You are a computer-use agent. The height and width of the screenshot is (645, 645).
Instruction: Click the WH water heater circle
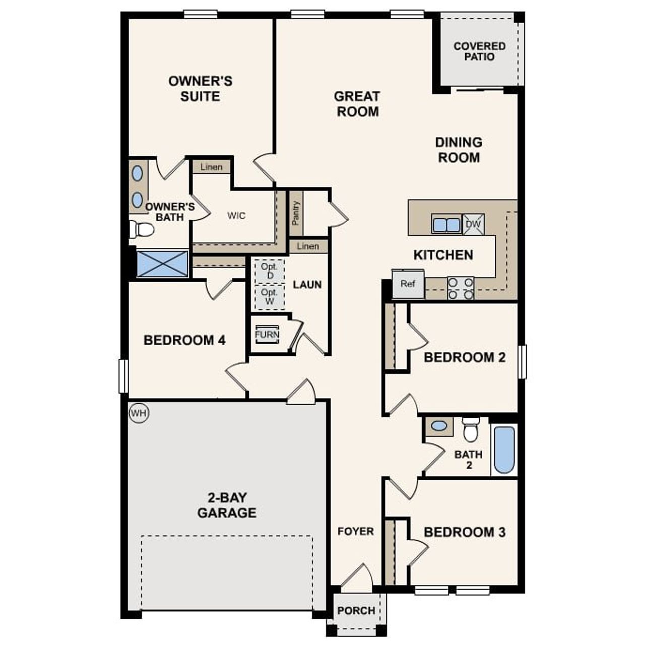pos(139,414)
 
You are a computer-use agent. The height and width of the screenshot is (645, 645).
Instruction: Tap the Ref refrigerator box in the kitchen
pos(408,284)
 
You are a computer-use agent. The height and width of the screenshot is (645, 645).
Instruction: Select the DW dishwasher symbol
pos(473,224)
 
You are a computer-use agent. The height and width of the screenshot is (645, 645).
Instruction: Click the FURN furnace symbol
pos(267,334)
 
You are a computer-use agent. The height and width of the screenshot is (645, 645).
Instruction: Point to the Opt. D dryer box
pos(270,271)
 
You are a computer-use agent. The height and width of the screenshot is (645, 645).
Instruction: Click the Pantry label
pos(296,213)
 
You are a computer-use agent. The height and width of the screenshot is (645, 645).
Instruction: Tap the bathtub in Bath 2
pos(504,449)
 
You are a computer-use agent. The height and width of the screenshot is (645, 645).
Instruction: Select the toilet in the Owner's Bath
pos(143,230)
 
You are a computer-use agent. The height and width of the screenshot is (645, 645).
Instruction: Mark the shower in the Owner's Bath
pos(162,264)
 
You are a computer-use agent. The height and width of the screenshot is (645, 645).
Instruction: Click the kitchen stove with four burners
pos(461,288)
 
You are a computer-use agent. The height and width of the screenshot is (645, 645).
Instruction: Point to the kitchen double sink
pos(446,224)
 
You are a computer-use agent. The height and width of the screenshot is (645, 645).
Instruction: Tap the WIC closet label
pos(236,216)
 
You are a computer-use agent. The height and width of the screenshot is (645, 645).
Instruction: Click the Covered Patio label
pos(479,51)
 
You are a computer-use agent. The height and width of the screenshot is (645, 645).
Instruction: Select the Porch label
pos(356,611)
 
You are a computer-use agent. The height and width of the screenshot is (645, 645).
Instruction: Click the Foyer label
pos(356,531)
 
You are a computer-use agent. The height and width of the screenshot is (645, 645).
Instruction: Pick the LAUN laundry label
pos(307,285)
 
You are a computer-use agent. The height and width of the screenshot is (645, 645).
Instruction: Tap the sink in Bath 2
pos(439,426)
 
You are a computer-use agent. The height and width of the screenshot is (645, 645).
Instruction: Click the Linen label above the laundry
pos(307,246)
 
